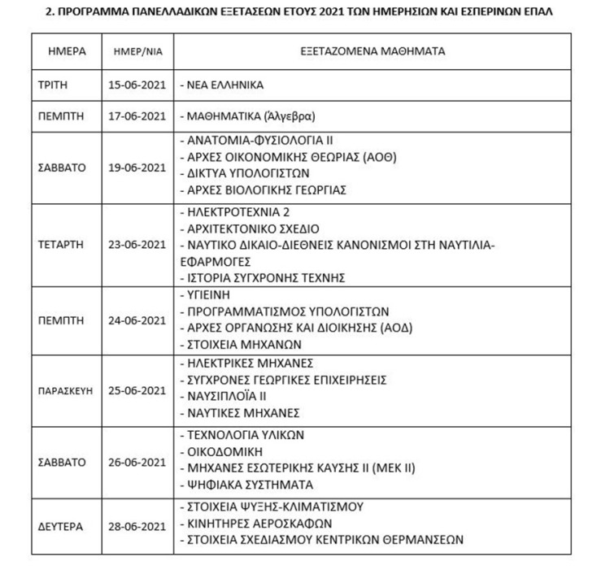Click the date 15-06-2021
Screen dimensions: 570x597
click(x=136, y=85)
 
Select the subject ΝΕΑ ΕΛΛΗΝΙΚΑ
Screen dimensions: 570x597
click(x=221, y=85)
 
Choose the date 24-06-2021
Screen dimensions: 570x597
click(x=136, y=320)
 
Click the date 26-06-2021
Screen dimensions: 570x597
click(x=136, y=461)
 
